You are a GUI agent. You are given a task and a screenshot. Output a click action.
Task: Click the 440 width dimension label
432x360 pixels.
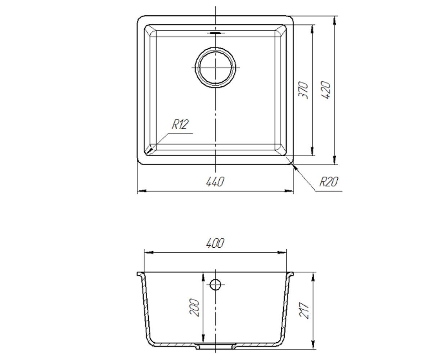pos(215,182)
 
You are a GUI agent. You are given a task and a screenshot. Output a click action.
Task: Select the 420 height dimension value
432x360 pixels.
pos(325,90)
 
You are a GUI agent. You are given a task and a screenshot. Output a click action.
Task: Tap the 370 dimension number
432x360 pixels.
pos(303,90)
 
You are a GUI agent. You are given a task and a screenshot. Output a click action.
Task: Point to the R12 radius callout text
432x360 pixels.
pos(180,125)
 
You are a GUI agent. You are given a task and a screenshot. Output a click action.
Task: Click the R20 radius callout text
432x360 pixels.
pos(329,182)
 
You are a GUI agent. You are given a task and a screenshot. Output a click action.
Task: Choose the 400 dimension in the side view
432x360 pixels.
pos(215,243)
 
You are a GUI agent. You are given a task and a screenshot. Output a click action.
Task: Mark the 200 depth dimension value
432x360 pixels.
pos(194,307)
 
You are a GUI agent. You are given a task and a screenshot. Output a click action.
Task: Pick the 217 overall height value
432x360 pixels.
pos(304,311)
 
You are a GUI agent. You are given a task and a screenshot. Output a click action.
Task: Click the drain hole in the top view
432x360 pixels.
pos(215,67)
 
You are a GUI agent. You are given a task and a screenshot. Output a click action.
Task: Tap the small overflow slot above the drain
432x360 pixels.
pos(216,33)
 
